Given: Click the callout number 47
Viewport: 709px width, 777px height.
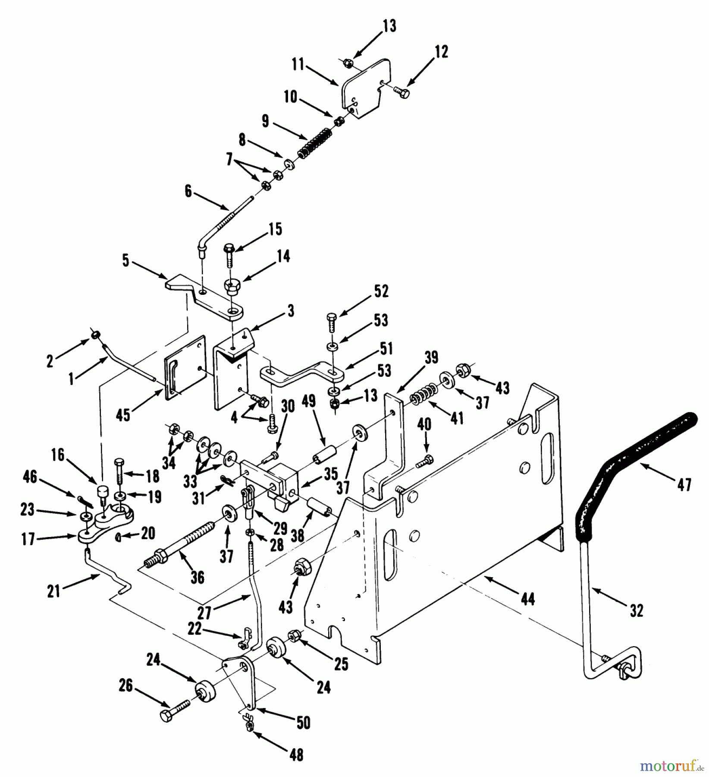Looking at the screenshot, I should click(x=684, y=484).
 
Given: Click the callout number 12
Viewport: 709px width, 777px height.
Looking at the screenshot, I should click(x=441, y=52).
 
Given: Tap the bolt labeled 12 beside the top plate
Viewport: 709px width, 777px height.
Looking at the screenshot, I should click(x=402, y=92).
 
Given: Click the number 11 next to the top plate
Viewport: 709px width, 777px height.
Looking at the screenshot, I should click(x=297, y=65).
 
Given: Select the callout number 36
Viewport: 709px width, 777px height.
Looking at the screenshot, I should click(x=197, y=578).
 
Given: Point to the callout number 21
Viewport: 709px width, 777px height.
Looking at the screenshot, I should click(x=54, y=591).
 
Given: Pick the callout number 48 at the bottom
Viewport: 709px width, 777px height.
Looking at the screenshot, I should click(x=297, y=754).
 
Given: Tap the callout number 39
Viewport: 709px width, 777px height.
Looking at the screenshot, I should click(x=431, y=357).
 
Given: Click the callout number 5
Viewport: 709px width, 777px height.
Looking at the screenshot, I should click(x=125, y=261).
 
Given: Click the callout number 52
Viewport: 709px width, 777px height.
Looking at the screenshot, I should click(x=381, y=291).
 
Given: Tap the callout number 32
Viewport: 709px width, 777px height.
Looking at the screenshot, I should click(x=636, y=610).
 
